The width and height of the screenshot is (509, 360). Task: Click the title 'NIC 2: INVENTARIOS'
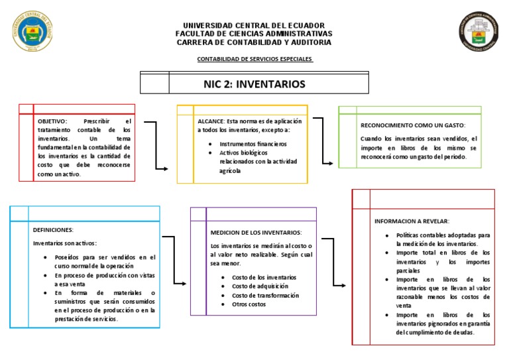(254, 84)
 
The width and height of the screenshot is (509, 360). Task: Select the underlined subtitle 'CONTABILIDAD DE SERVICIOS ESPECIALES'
(254, 59)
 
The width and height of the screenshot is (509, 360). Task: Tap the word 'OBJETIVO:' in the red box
(52, 122)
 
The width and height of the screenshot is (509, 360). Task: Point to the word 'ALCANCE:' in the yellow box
(211, 121)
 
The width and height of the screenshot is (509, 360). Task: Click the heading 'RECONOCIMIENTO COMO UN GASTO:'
(413, 125)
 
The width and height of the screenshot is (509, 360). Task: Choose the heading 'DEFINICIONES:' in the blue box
(53, 229)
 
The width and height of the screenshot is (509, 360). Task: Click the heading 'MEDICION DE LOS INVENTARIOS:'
(256, 233)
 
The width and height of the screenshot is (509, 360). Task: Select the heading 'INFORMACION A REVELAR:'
(412, 221)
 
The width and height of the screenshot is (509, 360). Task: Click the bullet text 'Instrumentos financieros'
(253, 143)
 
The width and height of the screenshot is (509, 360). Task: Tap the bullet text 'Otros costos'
(249, 304)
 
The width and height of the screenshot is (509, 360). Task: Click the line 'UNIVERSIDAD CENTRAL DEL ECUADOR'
(254, 25)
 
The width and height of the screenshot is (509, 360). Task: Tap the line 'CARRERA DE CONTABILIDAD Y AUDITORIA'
(254, 42)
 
